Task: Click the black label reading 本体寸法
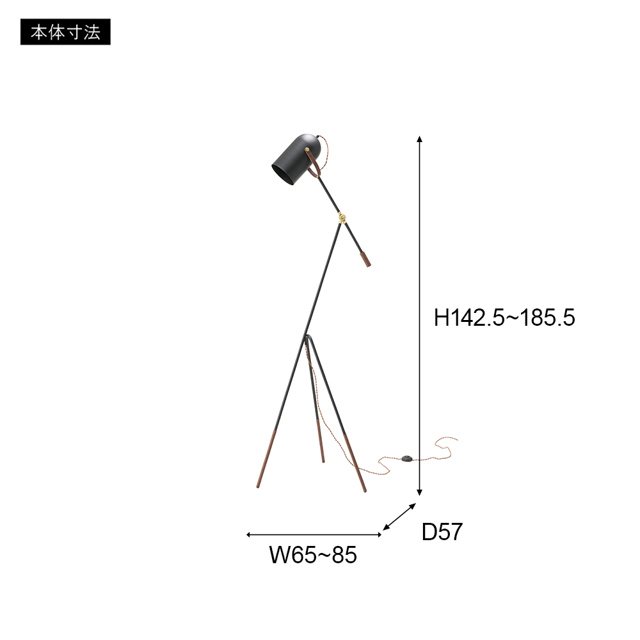coord(65,32)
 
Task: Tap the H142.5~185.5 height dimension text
coord(504,317)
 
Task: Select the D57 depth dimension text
coord(442,532)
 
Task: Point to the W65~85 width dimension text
coord(313,555)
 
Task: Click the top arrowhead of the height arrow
coord(419,139)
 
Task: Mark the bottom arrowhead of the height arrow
coord(419,493)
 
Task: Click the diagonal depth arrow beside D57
coord(399,516)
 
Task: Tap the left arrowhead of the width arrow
coord(248,534)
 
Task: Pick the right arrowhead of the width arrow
coord(379,534)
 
